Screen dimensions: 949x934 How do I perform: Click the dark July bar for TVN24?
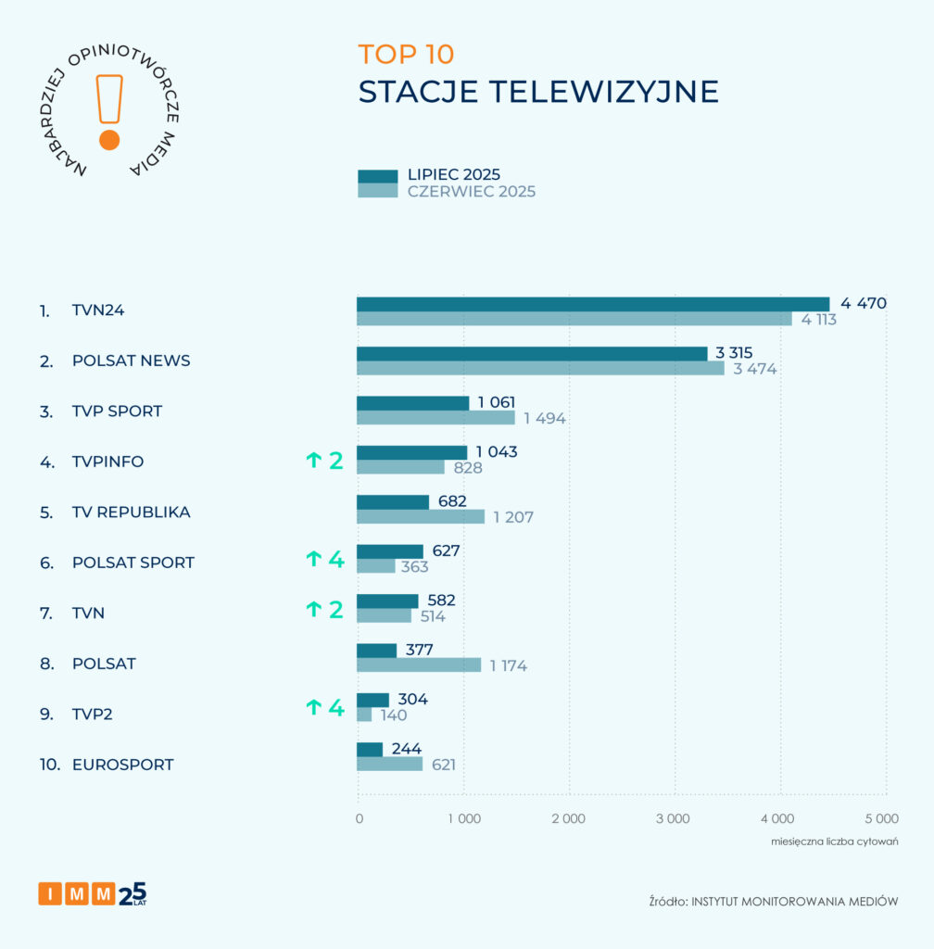593,304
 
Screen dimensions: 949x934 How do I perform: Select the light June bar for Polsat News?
540,368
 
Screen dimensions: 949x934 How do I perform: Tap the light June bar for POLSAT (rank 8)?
419,664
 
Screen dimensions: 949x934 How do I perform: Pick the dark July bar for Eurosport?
370,750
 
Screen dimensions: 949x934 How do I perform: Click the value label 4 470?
864,303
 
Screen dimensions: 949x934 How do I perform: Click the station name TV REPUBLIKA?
131,512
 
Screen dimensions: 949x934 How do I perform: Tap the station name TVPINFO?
107,462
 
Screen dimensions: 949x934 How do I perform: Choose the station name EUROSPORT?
122,765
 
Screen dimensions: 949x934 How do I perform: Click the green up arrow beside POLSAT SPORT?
314,559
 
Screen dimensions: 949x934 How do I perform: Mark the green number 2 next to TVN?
335,609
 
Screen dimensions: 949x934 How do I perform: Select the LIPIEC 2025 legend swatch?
377,176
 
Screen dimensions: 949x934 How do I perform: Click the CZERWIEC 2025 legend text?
471,192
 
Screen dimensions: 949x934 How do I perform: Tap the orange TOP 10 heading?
406,55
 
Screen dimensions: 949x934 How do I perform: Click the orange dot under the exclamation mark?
109,140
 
